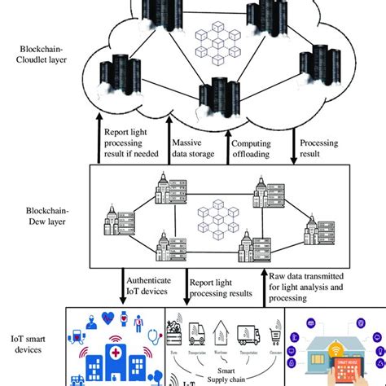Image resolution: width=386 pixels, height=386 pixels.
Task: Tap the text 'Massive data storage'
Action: (x=193, y=148)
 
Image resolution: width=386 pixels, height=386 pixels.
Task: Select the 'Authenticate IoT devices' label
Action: (x=147, y=285)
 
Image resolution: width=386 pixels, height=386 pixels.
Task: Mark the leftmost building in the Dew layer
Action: (x=115, y=221)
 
